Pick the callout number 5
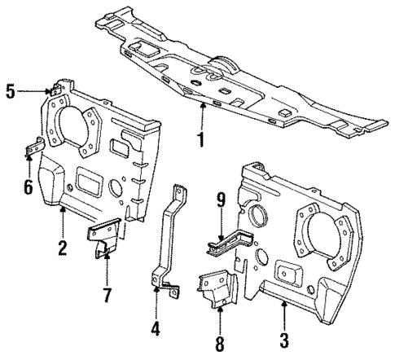[10, 91]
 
